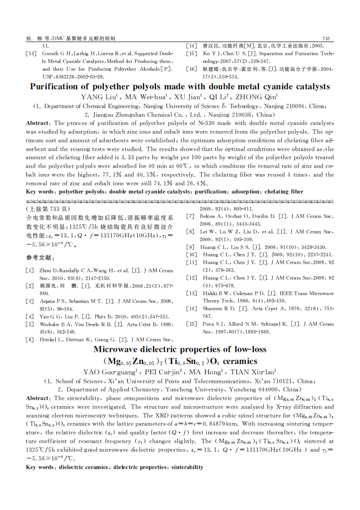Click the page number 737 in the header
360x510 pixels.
pos(326,38)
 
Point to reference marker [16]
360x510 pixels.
pos(191,69)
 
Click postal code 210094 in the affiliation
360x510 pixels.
pos(292,106)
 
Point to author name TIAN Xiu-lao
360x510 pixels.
pos(251,372)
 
